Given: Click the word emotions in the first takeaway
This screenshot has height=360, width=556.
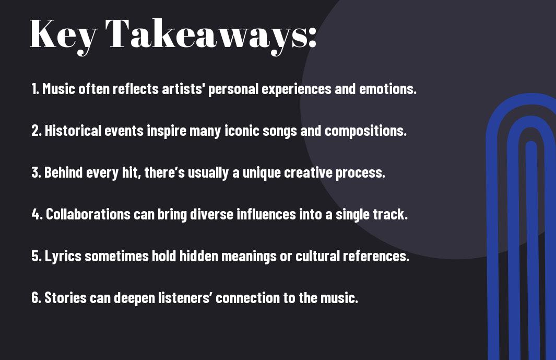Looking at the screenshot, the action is (387, 88).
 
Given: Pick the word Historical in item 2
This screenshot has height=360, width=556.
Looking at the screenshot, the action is (73, 130).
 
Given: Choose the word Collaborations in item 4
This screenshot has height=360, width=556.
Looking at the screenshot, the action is (88, 214).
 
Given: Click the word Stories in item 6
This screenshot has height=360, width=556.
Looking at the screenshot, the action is (65, 297).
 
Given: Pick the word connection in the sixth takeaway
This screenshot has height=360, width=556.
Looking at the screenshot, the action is (247, 297).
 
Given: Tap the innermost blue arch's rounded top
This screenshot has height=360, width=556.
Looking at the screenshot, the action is (531, 144).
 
